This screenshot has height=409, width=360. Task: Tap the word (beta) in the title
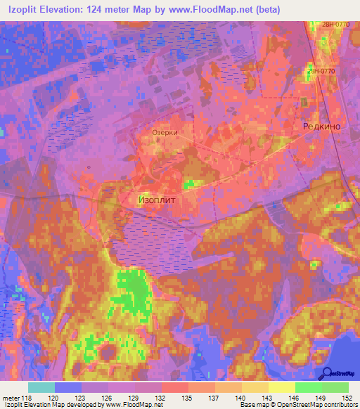coord(264,10)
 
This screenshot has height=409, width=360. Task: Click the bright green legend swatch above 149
coord(309,387)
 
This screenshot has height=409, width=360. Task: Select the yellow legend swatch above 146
coord(282,387)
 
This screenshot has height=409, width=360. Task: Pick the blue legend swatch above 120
coord(67,387)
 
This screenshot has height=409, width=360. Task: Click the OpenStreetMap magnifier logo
coord(327,372)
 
